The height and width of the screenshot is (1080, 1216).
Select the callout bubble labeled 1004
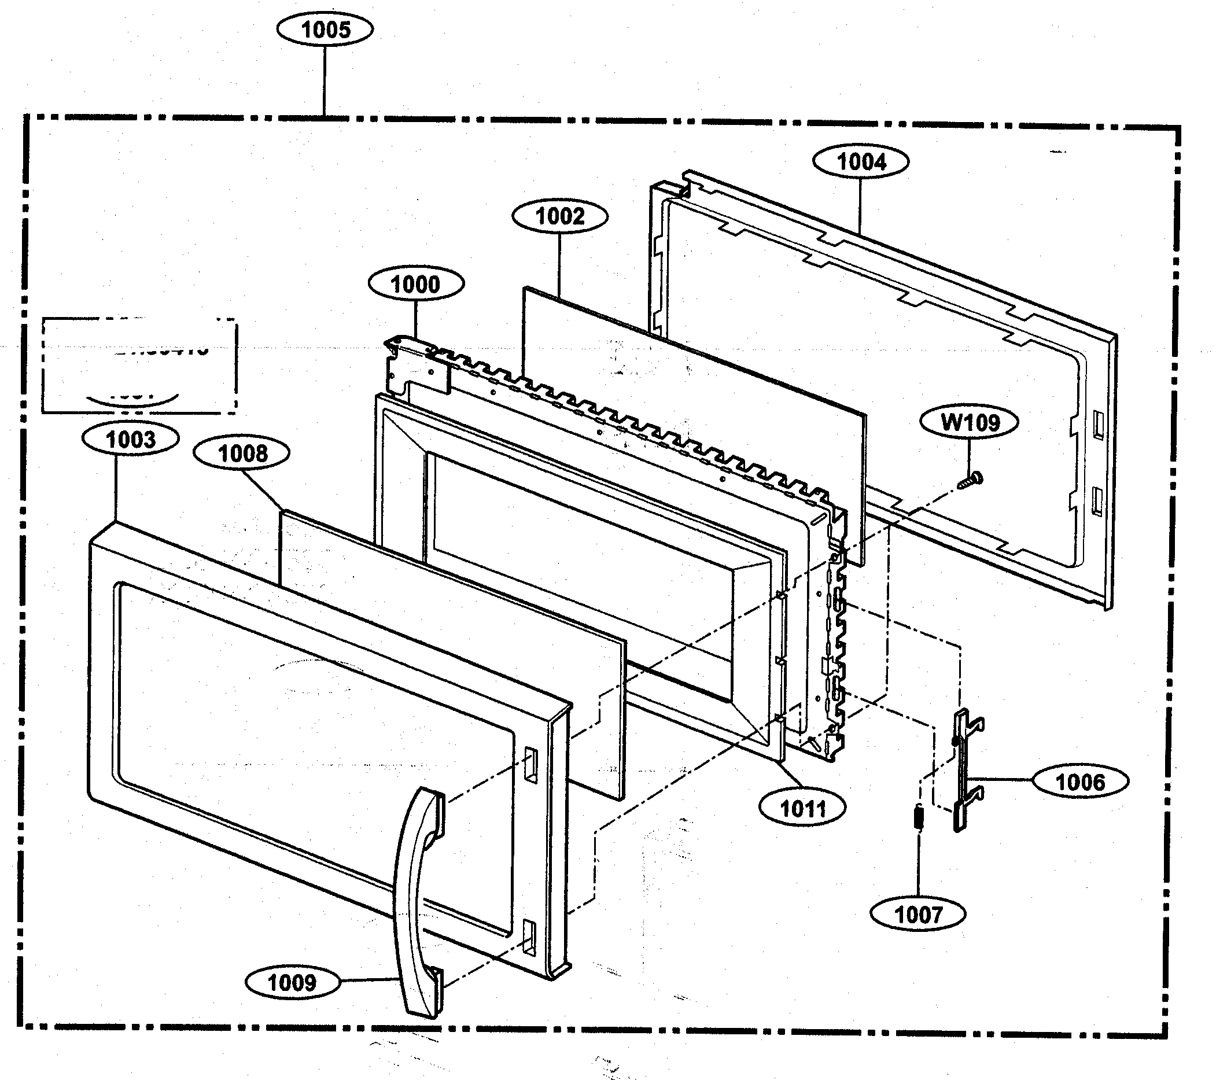point(861,162)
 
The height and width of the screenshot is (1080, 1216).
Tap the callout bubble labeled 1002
point(560,216)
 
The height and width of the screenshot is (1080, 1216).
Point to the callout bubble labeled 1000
point(415,285)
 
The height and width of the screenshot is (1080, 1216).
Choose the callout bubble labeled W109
point(969,422)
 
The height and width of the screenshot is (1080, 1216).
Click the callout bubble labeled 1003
point(130,440)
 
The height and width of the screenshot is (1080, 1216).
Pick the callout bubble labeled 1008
point(242,454)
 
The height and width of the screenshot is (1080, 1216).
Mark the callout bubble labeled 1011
point(802,809)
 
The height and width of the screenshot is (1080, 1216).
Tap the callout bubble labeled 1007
point(918,915)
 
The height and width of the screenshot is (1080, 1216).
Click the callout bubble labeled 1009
point(292,982)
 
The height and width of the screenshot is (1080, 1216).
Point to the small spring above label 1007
point(918,816)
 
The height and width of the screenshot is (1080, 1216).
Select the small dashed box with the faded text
point(139,366)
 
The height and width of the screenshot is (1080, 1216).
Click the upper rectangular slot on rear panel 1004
point(1098,424)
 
